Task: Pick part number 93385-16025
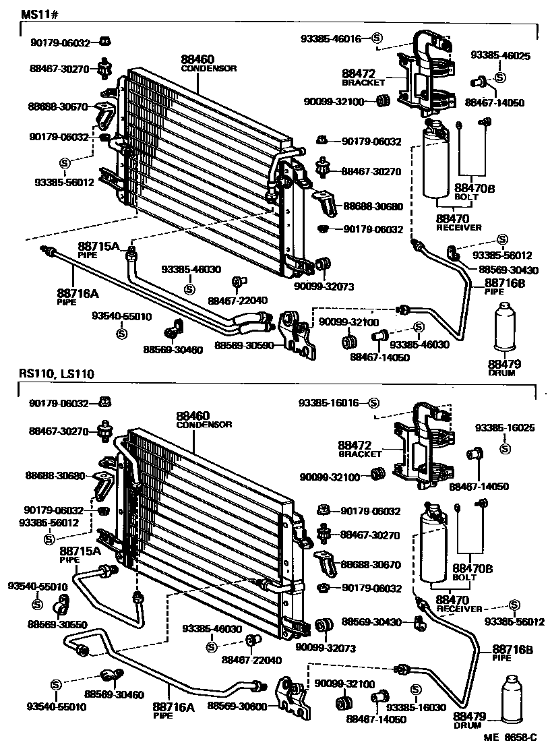505,427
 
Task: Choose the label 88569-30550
56,624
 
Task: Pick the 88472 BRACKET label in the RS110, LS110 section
361,449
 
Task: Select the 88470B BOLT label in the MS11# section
475,192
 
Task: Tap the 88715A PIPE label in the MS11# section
97,251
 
